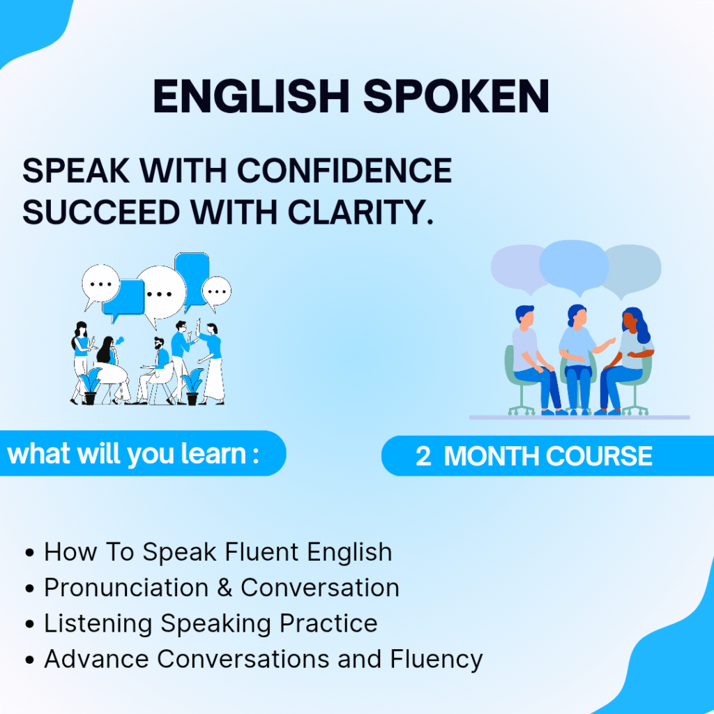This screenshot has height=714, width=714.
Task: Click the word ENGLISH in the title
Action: coord(251,96)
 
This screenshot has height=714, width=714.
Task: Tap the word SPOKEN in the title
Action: coord(456,96)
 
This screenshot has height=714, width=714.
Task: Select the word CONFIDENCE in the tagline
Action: coord(344,171)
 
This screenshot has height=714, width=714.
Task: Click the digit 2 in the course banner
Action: coord(423,456)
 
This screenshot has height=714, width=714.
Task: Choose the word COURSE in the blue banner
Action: coord(599,456)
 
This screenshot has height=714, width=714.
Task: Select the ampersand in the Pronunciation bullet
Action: coord(225,587)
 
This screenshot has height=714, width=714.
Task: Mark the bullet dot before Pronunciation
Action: coord(30,588)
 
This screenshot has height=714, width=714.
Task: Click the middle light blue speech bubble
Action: coord(574,266)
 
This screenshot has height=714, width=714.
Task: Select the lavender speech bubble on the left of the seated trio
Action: coord(519,268)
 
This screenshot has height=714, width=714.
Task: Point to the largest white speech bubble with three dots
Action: coord(162,293)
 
